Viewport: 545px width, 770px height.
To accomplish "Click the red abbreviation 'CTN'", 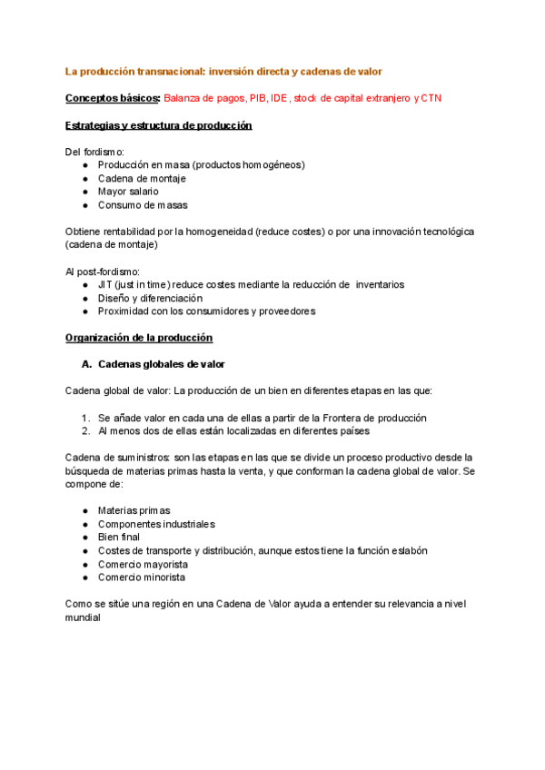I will click(431, 98).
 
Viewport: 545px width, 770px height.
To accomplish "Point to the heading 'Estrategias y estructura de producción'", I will click(158, 124).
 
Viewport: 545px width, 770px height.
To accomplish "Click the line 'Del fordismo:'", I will click(95, 152).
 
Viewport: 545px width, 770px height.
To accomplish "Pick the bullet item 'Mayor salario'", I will click(128, 192).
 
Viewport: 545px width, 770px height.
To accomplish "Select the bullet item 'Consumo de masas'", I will click(143, 205).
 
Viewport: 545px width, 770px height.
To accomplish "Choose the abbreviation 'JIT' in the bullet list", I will click(105, 285).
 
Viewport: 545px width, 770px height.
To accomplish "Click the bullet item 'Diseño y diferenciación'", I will click(150, 298).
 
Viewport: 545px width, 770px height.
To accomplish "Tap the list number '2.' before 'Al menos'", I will click(85, 430).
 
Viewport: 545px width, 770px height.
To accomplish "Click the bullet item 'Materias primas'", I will click(134, 510).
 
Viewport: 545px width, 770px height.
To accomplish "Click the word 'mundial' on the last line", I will click(83, 617).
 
